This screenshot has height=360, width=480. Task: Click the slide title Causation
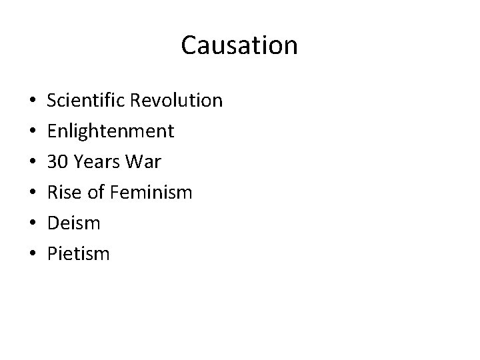click(239, 46)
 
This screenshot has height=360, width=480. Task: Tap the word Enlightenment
click(111, 131)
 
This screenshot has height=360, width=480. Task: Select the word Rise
click(63, 193)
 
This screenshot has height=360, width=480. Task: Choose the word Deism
click(73, 223)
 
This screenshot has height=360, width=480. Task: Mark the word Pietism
click(78, 254)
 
